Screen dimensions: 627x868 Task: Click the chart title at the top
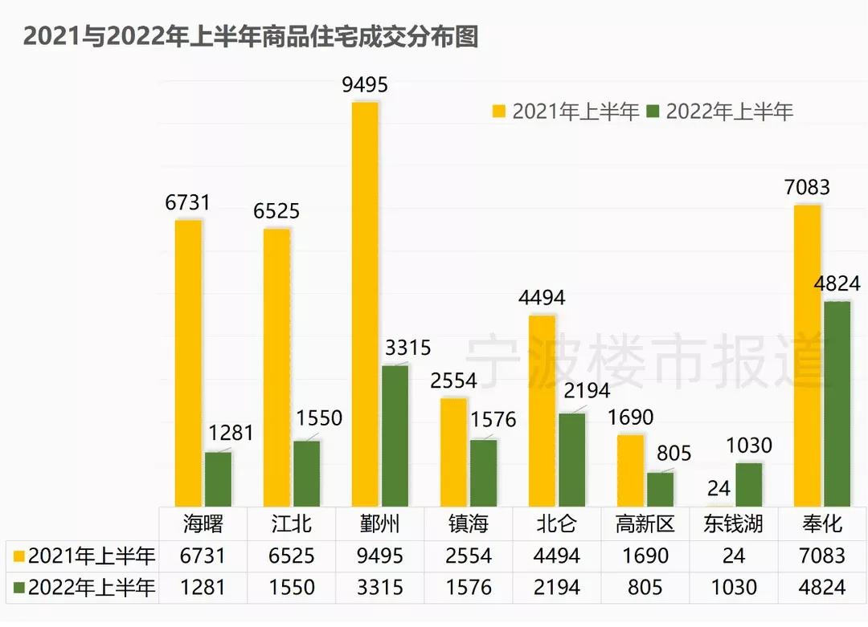coord(250,37)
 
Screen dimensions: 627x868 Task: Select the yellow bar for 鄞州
coord(365,305)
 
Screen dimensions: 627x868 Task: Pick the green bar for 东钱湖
coord(748,485)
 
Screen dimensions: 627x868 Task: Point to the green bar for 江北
coord(306,474)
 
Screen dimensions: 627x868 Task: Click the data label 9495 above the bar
coord(365,85)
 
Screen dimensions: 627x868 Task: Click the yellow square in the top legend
coord(499,112)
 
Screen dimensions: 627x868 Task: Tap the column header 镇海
coord(469,524)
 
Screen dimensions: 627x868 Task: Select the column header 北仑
coord(557,524)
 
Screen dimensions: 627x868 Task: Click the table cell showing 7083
coord(822,556)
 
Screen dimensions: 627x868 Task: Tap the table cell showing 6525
coord(292,556)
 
